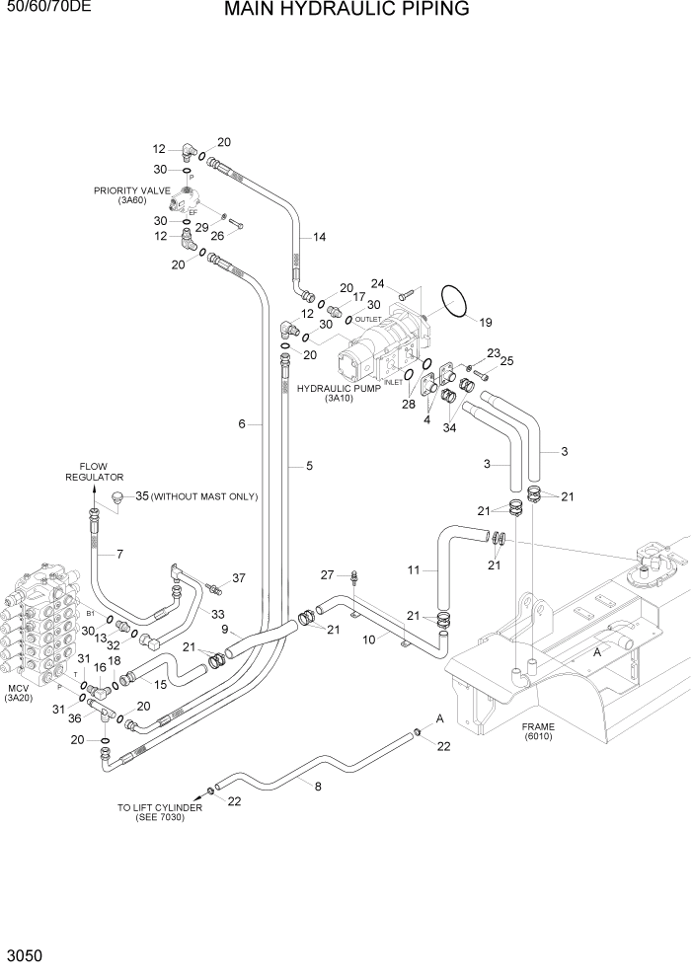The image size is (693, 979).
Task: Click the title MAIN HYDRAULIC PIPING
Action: (346, 11)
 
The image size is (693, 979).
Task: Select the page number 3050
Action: (22, 957)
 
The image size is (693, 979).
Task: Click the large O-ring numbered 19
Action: (453, 301)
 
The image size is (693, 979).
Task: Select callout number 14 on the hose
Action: (319, 237)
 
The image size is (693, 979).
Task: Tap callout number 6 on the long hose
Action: (241, 424)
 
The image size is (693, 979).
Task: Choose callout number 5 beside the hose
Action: (308, 465)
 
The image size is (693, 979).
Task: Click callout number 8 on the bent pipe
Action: (317, 787)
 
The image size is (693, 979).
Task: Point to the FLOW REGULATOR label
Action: (87, 472)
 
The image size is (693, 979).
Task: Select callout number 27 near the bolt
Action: (328, 574)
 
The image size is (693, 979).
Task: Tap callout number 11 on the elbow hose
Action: (415, 570)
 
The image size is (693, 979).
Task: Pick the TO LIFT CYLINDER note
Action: (160, 812)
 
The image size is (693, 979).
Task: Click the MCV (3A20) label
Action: (19, 692)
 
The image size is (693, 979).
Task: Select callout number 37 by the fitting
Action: (238, 577)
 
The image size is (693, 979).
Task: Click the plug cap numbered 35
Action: (117, 499)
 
